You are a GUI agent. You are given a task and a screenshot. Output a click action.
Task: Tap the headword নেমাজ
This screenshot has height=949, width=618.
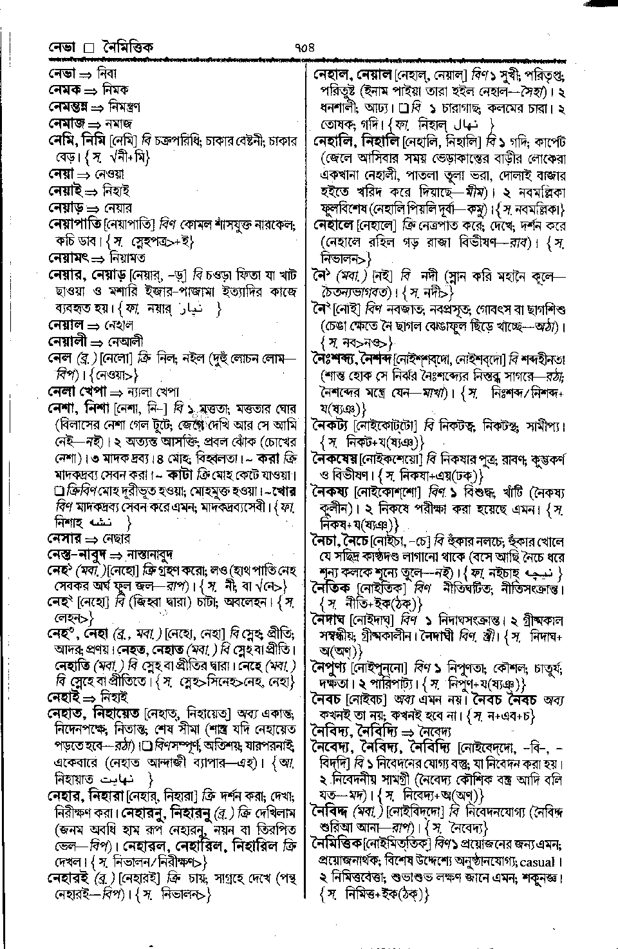[x=67, y=123]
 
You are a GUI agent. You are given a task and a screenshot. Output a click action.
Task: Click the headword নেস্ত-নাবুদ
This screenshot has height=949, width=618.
[x=77, y=555]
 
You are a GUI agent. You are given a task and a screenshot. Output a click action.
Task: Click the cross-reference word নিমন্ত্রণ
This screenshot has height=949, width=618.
[x=122, y=106]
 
